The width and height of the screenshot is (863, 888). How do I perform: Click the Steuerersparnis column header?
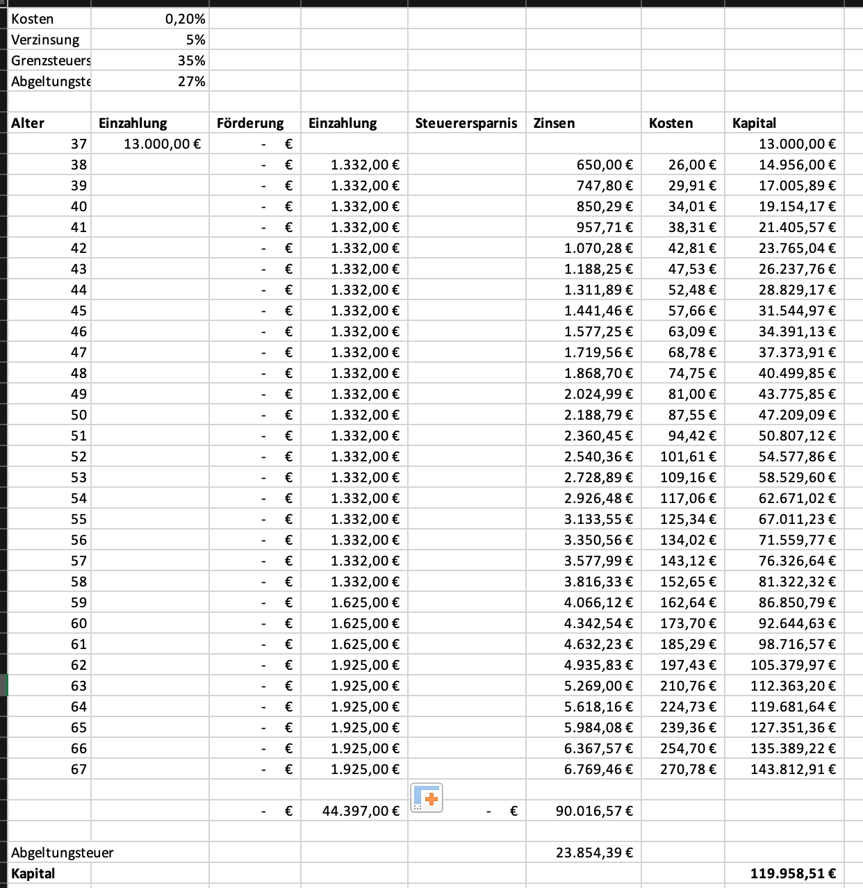pyautogui.click(x=466, y=123)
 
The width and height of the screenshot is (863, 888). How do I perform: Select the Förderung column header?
pyautogui.click(x=250, y=123)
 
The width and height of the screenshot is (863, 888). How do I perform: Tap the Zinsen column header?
pyautogui.click(x=554, y=123)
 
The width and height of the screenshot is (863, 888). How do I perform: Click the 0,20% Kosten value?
pyautogui.click(x=185, y=19)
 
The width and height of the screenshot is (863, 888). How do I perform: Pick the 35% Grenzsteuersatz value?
pyautogui.click(x=191, y=60)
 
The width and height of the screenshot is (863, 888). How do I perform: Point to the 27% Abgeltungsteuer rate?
pyautogui.click(x=191, y=81)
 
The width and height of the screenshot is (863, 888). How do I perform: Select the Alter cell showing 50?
pyautogui.click(x=79, y=415)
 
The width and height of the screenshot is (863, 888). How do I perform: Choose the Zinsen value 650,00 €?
pyautogui.click(x=604, y=165)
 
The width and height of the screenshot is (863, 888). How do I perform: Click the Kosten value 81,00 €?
pyautogui.click(x=692, y=394)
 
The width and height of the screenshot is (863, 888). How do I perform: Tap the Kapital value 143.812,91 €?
pyautogui.click(x=792, y=769)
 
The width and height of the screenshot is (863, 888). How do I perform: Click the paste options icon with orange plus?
pyautogui.click(x=427, y=798)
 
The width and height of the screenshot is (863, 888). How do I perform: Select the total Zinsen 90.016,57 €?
pyautogui.click(x=593, y=811)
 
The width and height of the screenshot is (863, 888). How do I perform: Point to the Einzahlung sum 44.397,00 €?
pyautogui.click(x=361, y=811)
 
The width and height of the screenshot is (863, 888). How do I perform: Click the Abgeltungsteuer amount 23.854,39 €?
pyautogui.click(x=593, y=853)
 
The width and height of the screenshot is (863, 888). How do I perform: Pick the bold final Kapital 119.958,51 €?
pyautogui.click(x=792, y=873)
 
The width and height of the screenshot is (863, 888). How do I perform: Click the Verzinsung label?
pyautogui.click(x=45, y=40)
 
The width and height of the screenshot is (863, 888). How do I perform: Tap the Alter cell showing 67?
pyautogui.click(x=79, y=769)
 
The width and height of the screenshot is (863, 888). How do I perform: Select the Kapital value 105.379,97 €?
pyautogui.click(x=792, y=665)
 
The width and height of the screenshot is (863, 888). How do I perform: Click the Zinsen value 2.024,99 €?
pyautogui.click(x=598, y=394)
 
